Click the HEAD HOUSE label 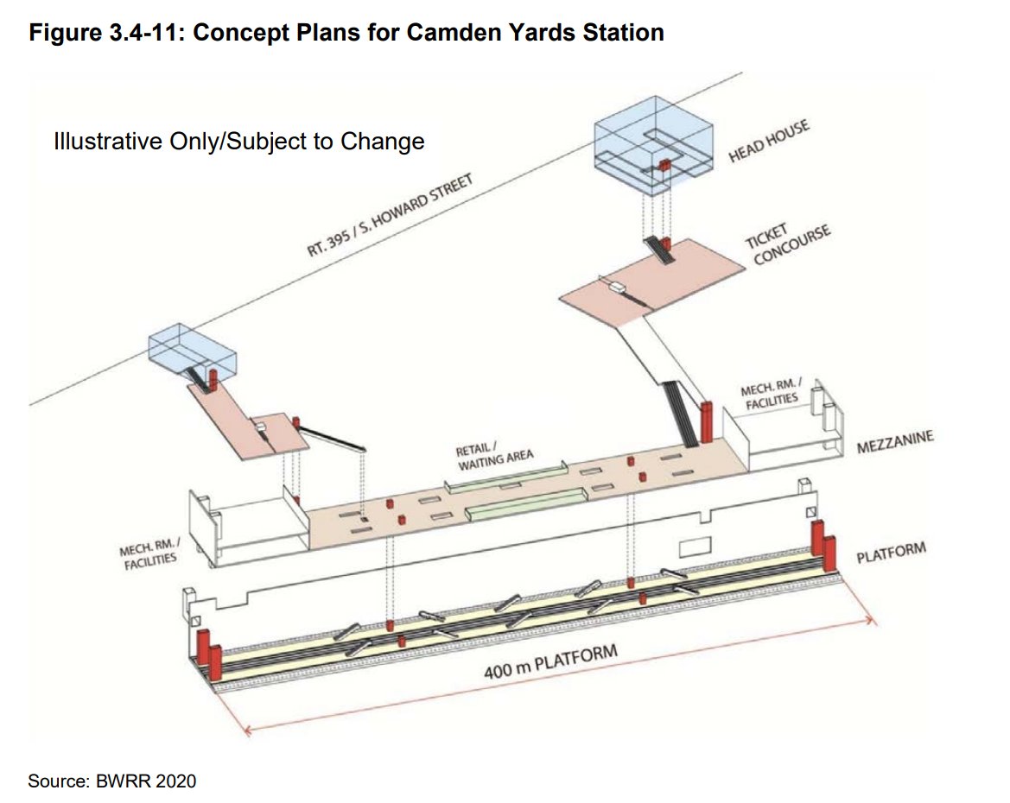[770, 140]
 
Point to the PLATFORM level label [891, 553]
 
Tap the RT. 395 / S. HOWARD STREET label [391, 215]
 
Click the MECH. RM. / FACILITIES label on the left [149, 552]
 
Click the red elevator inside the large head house [665, 166]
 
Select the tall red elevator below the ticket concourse [706, 420]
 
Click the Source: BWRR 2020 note [112, 781]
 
